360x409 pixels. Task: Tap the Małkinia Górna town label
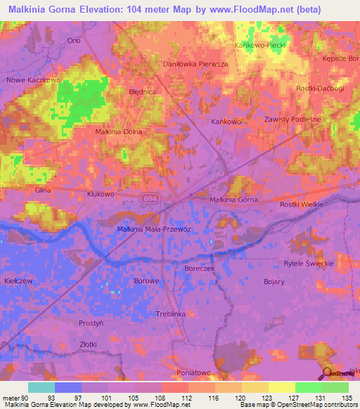tap(234, 200)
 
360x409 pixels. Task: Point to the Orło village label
tap(74, 40)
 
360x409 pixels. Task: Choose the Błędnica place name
tap(142, 92)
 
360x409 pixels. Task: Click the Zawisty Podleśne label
tap(292, 119)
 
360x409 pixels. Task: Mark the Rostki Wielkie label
tap(301, 203)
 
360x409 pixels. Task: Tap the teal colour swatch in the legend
tap(41, 388)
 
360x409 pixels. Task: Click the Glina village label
tap(44, 190)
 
